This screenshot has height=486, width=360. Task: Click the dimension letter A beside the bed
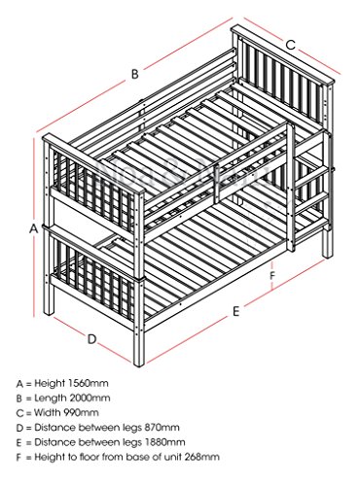coord(34,228)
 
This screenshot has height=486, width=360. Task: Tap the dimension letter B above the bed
coord(135,74)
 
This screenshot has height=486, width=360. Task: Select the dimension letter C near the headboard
coord(291,45)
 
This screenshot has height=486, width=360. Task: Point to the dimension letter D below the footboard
coord(92,339)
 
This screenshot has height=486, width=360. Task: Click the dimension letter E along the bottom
coord(236,311)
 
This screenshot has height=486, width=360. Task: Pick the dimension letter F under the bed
coord(272,276)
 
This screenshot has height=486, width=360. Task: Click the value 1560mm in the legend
coord(89,383)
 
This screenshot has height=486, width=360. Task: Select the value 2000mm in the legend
coord(90,398)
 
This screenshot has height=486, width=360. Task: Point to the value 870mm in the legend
coord(162,428)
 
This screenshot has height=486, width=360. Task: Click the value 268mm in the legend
coord(202,457)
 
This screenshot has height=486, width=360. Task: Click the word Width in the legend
coord(48,412)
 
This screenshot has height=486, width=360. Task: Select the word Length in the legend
coord(50,398)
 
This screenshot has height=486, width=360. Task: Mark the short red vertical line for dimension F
coord(271,275)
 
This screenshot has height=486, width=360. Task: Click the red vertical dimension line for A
coord(34,227)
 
